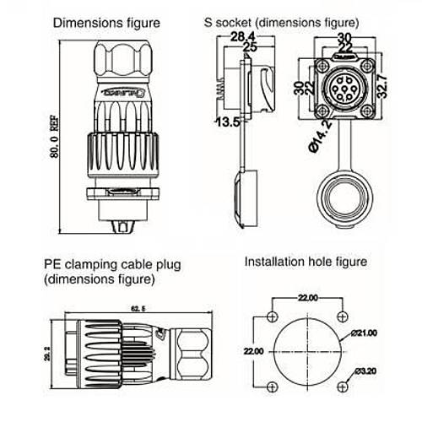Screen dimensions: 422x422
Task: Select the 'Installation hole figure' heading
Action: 306,262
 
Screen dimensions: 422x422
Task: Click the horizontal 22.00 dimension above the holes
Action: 306,299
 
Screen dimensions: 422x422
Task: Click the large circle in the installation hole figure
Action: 306,350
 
